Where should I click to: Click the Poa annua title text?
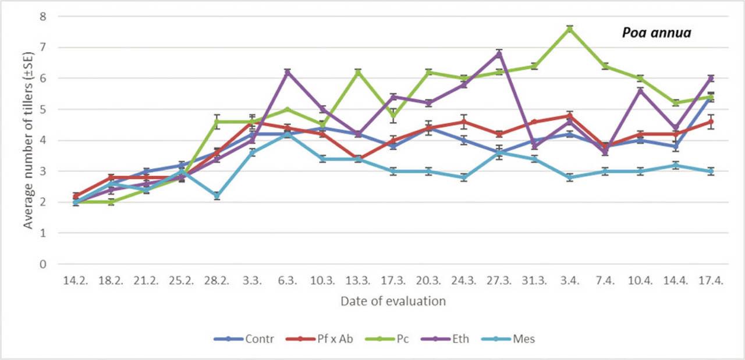click(657, 33)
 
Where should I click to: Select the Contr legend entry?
click(250, 338)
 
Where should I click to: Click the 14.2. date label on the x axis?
click(75, 281)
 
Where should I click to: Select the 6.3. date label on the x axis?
click(287, 281)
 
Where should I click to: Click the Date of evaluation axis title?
click(393, 301)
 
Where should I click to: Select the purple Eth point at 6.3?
click(287, 72)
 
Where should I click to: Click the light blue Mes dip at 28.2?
click(217, 196)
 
